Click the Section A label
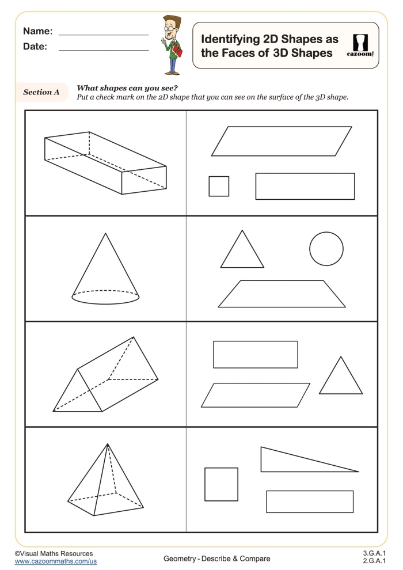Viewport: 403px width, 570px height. (x=41, y=92)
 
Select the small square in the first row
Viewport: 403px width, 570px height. (x=219, y=186)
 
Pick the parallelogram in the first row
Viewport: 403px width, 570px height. (x=282, y=141)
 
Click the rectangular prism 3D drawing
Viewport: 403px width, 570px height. (x=105, y=162)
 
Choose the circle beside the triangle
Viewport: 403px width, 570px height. (x=326, y=249)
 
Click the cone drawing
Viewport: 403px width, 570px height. (x=105, y=271)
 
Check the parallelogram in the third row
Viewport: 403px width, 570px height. (x=256, y=395)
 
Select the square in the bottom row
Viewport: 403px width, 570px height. (x=222, y=484)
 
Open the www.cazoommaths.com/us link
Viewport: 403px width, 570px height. (x=55, y=561)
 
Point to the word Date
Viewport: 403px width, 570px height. (x=35, y=46)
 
